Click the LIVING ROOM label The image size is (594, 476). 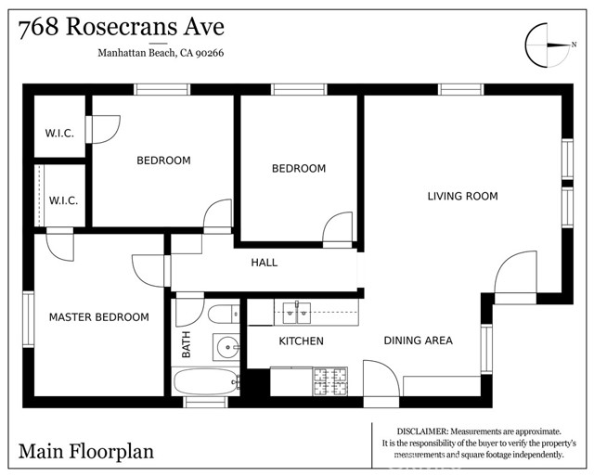coord(462,196)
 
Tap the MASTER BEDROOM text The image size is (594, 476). coord(98,317)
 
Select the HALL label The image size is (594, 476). coord(264,263)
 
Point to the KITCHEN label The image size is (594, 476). coord(302,341)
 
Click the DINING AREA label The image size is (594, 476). coord(418,341)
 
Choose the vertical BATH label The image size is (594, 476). coord(186,346)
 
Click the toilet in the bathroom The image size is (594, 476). coord(224,314)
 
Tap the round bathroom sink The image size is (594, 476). coord(226,348)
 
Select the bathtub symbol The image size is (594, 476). coord(206,381)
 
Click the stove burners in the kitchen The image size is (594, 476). coord(329,380)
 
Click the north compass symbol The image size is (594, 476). coord(547,44)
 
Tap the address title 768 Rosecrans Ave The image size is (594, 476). coord(121,27)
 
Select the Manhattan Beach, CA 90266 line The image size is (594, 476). coord(161,54)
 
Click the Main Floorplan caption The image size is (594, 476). coord(85,452)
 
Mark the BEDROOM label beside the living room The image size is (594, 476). coord(298,168)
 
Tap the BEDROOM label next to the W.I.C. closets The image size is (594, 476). coord(163,160)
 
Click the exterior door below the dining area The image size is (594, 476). coord(381,382)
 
